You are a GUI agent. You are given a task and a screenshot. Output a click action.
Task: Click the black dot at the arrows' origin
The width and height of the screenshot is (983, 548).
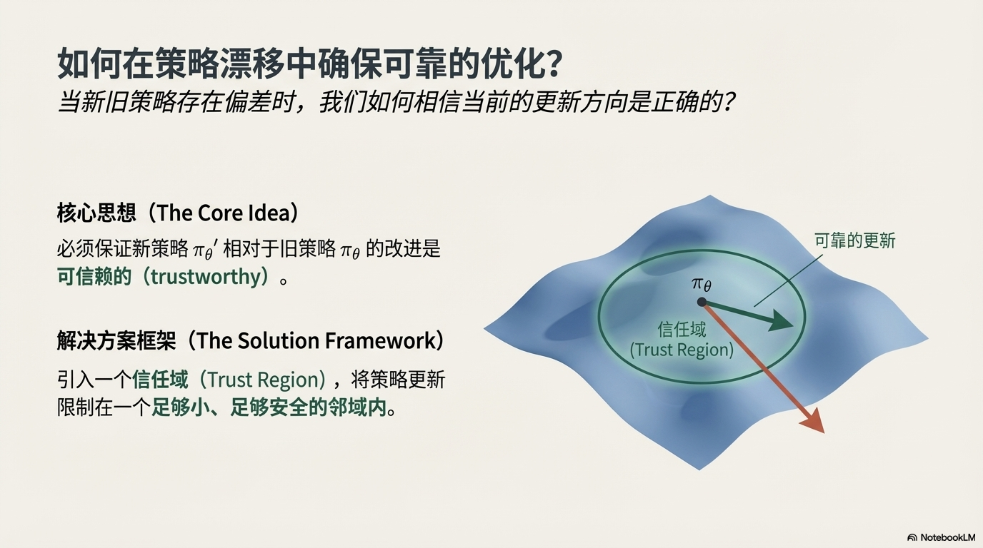click(702, 302)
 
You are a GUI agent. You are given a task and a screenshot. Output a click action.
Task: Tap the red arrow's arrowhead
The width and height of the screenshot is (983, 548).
click(813, 421)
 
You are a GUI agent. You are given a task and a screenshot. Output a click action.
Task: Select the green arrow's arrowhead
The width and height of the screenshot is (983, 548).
click(781, 321)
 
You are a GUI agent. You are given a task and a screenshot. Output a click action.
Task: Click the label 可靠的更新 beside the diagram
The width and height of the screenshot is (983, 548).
click(854, 240)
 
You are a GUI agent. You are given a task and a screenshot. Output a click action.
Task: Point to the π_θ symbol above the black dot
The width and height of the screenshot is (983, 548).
click(702, 284)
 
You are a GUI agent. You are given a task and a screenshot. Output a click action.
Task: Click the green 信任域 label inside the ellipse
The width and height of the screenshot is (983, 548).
click(682, 329)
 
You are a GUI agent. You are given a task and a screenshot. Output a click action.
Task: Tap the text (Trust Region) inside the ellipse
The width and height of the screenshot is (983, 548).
click(682, 350)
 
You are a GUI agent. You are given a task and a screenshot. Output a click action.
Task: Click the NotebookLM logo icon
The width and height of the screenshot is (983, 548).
click(912, 537)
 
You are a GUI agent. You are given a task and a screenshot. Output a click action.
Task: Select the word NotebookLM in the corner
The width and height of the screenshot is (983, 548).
click(947, 537)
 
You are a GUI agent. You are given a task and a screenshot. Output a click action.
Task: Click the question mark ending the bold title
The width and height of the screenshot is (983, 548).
click(550, 64)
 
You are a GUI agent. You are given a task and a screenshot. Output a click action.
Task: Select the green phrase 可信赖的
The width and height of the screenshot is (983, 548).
click(94, 277)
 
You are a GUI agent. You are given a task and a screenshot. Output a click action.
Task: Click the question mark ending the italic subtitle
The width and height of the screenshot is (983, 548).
click(727, 102)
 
